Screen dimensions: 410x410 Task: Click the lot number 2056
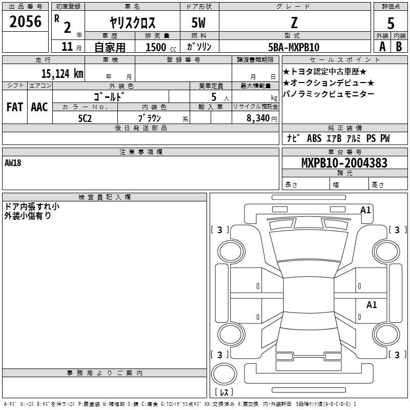point(25,21)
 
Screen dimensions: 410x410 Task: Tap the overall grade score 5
point(391,23)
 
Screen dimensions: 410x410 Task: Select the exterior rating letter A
point(382,47)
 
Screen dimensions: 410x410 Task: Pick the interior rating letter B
point(399,47)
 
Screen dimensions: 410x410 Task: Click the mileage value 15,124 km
point(62,73)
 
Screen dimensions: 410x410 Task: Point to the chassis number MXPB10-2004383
point(344,162)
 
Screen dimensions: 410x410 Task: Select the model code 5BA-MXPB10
point(294,47)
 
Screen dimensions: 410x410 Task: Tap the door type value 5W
point(198,23)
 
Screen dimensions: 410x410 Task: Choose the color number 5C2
point(85,118)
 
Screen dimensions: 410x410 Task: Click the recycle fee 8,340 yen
point(261,118)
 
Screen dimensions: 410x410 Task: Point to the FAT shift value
point(15,107)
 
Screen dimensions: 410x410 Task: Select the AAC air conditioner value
point(39,107)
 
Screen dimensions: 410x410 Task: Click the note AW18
point(13,163)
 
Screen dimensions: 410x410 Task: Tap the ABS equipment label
point(314,138)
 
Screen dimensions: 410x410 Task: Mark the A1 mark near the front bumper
point(365,210)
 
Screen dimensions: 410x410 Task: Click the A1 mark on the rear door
point(371,304)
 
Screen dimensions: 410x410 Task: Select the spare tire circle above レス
point(224,374)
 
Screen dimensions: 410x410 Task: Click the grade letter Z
point(294,23)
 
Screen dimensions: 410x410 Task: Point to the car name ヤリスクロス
point(133,23)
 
